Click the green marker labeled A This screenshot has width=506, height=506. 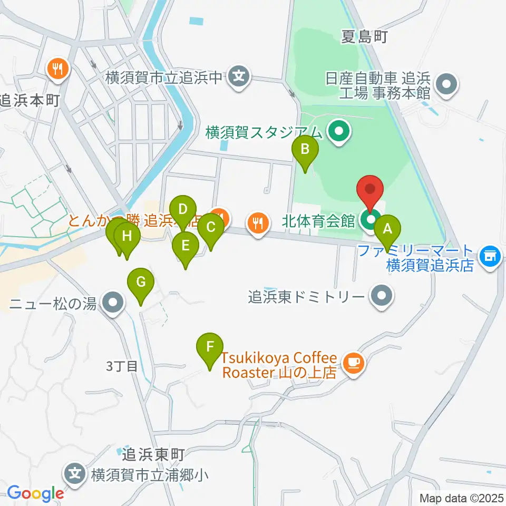point(388,230)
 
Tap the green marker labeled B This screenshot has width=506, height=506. point(305,149)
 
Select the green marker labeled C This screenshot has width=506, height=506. point(211,228)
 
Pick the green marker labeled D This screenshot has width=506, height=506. point(183,209)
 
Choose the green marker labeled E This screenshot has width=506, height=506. point(186,246)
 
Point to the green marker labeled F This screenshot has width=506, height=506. point(210,347)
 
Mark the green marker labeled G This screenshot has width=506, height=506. point(141,282)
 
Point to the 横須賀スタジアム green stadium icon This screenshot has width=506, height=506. point(338,132)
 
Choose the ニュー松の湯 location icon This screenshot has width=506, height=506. point(111,303)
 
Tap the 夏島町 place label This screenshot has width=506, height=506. point(365,36)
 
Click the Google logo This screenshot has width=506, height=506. point(35,493)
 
